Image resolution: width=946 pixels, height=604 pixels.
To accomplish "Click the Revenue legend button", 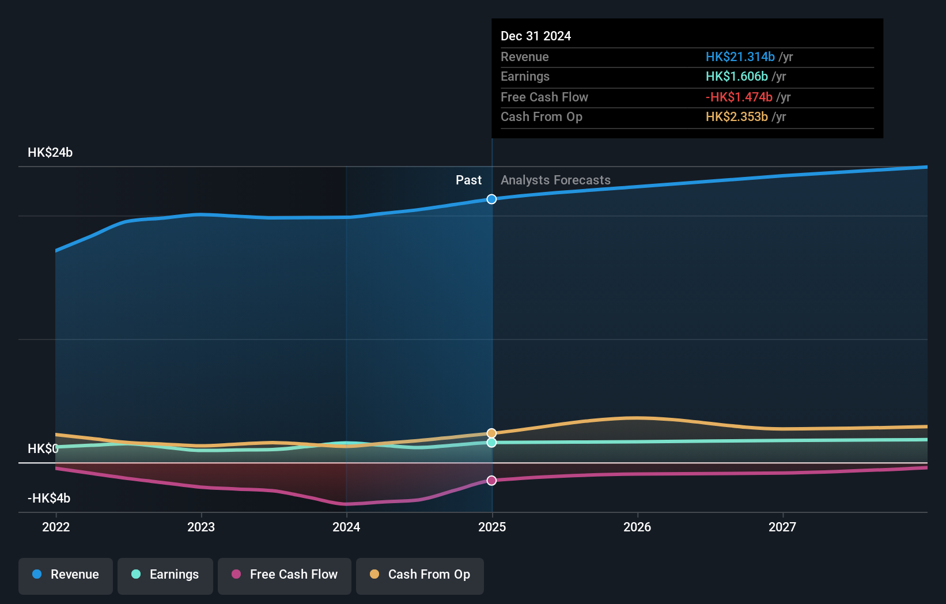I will pos(66,575).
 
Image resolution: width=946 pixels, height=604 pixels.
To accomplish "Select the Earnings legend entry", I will pos(165,575).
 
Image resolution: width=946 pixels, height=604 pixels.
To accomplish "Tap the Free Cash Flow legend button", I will pos(285,575).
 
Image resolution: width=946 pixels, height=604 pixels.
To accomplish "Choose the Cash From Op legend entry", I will pos(420,575).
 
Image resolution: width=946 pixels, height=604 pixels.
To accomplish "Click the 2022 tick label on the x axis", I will pos(56,527).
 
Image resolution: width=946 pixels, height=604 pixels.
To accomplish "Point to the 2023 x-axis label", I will pos(201,527).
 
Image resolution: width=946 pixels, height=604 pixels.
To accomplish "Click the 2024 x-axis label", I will pos(346,527).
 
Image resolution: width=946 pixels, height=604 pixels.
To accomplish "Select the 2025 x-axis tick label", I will pos(492,527).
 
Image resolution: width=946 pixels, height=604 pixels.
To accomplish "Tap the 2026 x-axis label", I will pos(637,527).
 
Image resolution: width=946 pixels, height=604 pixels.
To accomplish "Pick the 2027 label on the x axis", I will pos(782,527).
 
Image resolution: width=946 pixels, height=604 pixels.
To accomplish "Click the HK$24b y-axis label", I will pos(50,153).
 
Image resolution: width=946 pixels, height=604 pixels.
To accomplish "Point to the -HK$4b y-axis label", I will pos(49,499).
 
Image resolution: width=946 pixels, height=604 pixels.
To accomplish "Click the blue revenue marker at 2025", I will pos(491,199).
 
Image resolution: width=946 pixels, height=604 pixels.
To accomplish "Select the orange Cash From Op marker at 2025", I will pos(491,433).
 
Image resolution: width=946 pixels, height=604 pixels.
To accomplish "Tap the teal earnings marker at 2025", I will pos(491,443).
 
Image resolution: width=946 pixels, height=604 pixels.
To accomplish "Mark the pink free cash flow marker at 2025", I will pos(491,481).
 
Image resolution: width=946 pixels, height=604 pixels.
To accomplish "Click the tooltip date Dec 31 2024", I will pos(536,36).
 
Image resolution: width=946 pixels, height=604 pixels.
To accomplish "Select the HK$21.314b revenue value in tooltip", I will pos(740,57).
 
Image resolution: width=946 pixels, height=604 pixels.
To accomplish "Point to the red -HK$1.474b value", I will pos(739,97).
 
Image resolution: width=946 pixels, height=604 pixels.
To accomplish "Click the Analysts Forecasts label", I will pos(555,180).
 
